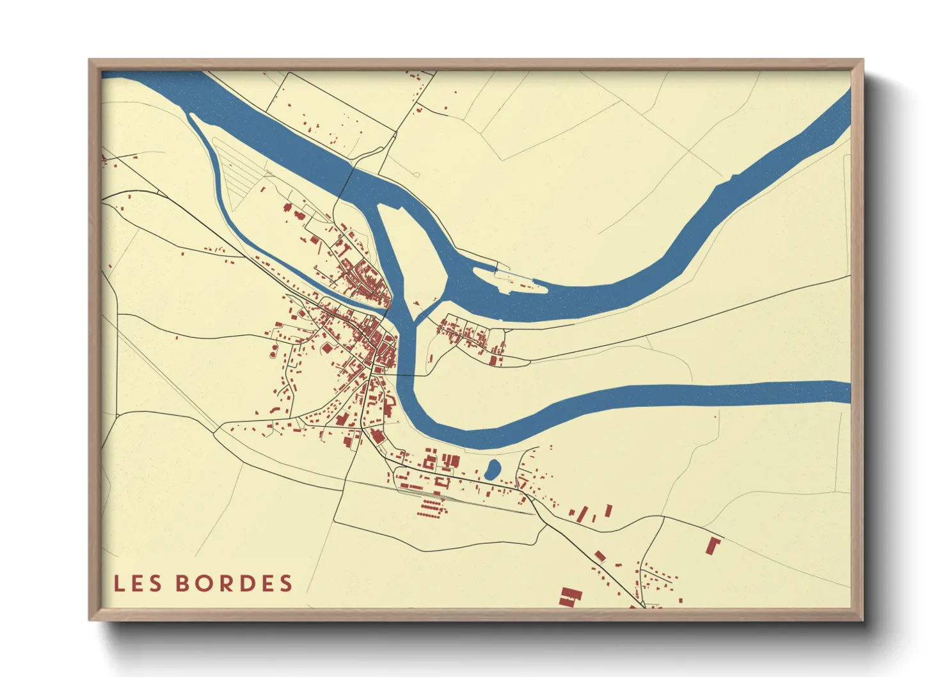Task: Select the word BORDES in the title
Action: pos(234,584)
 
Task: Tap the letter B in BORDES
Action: pos(183,584)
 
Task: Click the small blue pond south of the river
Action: pos(492,470)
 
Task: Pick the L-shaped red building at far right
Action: pos(713,545)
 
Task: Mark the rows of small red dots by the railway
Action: pos(432,509)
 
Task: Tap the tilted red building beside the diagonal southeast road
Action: pos(600,555)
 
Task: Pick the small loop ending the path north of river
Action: pos(416,174)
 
